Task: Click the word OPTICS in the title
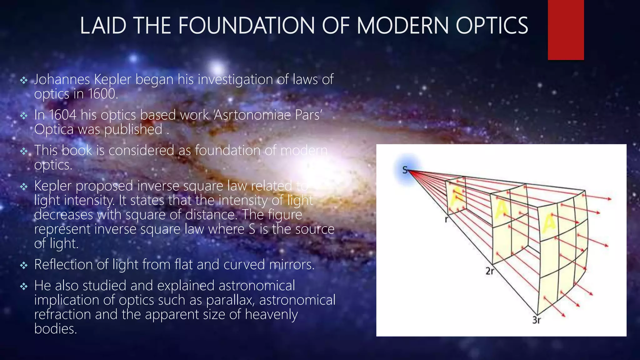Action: pos(492,26)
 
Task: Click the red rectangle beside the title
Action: pos(566,30)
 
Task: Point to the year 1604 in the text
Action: pos(62,115)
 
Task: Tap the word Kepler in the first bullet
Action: pos(112,79)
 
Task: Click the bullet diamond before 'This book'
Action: pos(24,152)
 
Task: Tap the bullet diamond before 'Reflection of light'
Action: pos(24,266)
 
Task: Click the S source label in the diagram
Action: pos(405,170)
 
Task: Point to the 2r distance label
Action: pos(490,271)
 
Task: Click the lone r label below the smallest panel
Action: pos(446,220)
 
